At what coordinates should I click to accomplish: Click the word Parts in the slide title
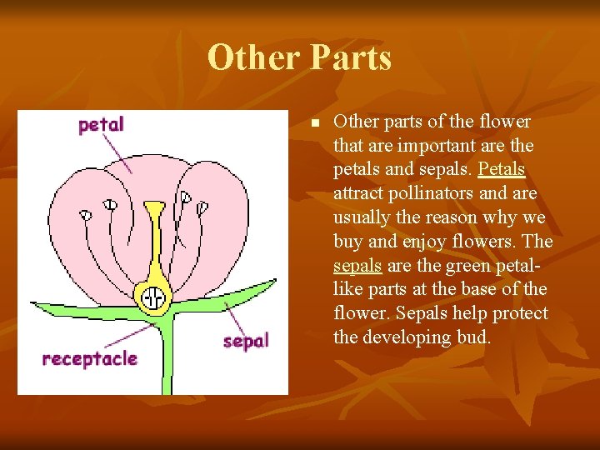[350, 57]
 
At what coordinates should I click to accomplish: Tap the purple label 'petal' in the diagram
[101, 125]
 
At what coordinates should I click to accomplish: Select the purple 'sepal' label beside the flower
[246, 341]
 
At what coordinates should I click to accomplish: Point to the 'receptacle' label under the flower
[90, 359]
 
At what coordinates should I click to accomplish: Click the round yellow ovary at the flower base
[153, 297]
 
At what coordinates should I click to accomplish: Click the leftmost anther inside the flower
[85, 214]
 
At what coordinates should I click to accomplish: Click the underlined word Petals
[502, 169]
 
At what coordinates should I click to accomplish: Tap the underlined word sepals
[357, 266]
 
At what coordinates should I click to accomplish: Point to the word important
[437, 145]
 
